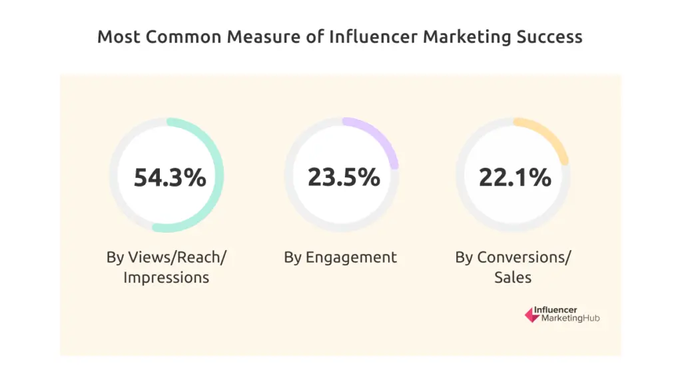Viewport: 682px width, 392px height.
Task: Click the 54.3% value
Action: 170,177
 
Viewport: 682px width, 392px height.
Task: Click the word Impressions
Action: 167,277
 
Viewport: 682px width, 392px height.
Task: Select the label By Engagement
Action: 340,257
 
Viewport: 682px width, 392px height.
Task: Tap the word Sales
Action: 513,277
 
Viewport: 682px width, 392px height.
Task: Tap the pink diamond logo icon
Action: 531,315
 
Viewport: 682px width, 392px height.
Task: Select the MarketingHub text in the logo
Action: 571,319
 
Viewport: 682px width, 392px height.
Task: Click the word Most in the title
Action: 119,37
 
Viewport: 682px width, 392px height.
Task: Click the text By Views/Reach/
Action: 167,257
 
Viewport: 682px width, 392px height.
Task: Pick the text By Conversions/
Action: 513,257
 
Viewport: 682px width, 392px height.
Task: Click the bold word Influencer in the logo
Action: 560,309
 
